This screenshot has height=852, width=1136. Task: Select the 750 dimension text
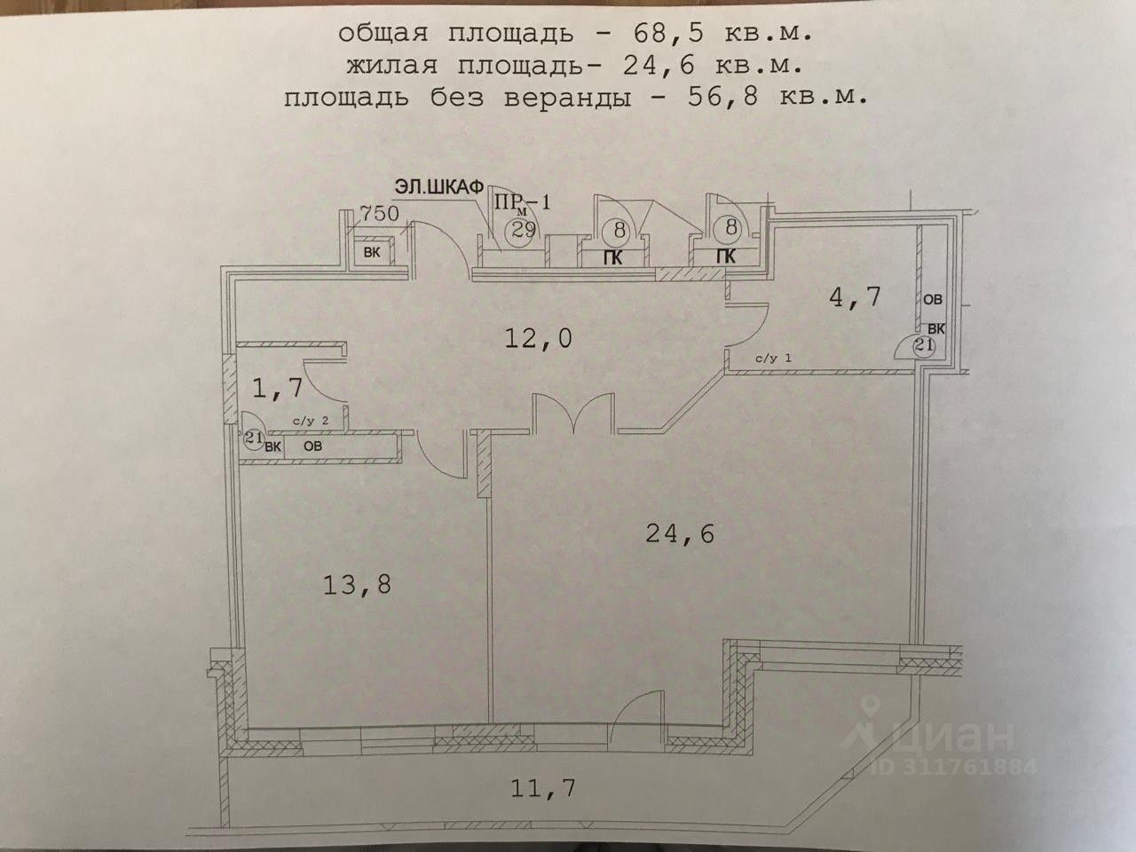[x=380, y=213]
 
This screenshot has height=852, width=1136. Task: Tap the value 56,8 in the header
[x=724, y=97]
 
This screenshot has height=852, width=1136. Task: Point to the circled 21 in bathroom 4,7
[x=923, y=346]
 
